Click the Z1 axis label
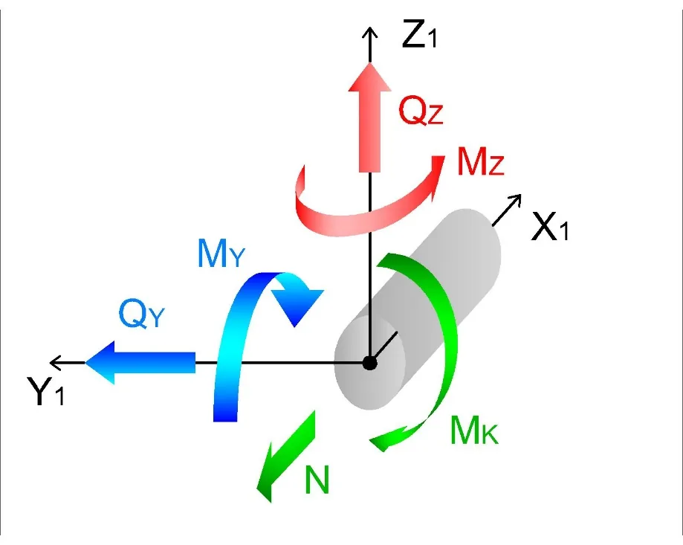[418, 34]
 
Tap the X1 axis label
[550, 227]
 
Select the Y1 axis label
[46, 391]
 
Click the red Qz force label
[421, 111]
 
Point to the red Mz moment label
[480, 161]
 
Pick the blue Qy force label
[141, 314]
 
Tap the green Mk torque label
[474, 430]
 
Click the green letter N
[317, 480]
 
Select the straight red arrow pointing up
[369, 117]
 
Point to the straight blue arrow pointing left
[140, 362]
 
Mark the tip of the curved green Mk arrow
[370, 442]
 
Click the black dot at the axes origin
[370, 363]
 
